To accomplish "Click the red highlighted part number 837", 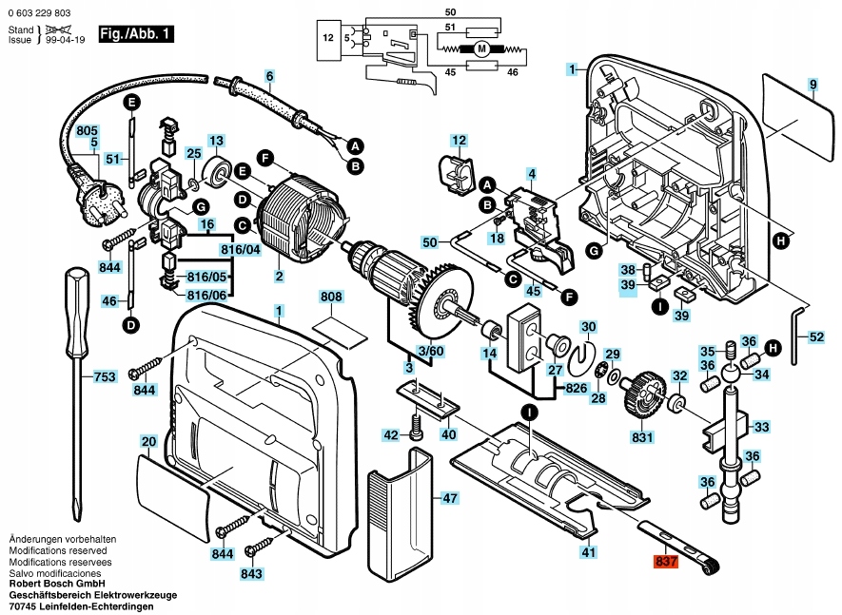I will (666, 562).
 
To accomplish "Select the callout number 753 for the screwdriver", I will (104, 376).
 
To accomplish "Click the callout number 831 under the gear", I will (643, 438).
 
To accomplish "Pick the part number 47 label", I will (450, 497).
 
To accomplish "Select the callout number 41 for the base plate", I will (589, 552).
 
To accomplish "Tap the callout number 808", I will (330, 298).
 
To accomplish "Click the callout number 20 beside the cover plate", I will (148, 442).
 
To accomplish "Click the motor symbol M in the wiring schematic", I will (481, 48).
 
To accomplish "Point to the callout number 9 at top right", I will (813, 86).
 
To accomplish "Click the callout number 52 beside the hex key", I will (816, 336).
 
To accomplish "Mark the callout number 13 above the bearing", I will (216, 140).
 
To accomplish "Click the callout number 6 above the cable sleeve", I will (269, 75).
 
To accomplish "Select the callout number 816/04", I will (241, 250).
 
